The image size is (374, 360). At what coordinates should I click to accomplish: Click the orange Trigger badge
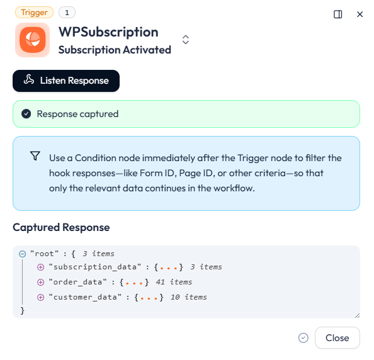(34, 13)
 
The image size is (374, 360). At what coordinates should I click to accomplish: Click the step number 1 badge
(67, 13)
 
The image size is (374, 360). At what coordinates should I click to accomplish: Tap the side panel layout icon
(337, 14)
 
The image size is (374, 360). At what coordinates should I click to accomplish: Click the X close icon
(360, 14)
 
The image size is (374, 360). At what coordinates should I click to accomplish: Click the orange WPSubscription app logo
(33, 40)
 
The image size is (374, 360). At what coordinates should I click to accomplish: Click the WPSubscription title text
(108, 32)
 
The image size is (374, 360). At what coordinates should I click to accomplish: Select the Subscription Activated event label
(115, 50)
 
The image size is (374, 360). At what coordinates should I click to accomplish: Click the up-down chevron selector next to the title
(186, 40)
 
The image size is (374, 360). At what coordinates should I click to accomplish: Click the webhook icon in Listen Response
(29, 79)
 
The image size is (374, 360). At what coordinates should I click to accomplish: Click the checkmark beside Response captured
(26, 114)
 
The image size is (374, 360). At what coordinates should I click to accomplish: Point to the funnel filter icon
(35, 155)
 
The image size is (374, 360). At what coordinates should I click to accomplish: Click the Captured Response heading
(61, 227)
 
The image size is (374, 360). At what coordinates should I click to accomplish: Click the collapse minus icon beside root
(23, 254)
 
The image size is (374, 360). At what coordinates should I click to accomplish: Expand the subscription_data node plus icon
(40, 267)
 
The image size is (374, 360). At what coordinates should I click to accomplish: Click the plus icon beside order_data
(40, 283)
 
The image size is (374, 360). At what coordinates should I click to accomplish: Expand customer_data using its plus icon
(40, 298)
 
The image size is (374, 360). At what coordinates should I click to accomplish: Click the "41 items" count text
(174, 283)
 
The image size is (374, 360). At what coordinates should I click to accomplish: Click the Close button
(337, 338)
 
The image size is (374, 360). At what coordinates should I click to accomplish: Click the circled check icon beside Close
(303, 338)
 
